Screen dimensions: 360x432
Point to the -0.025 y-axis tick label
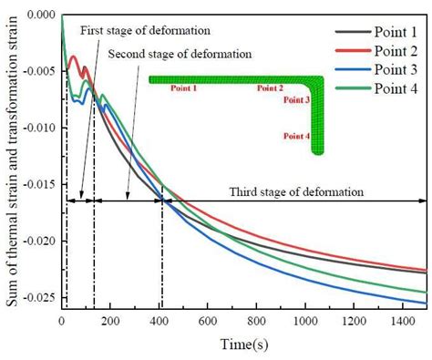click(37, 298)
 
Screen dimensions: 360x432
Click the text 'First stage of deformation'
click(146, 31)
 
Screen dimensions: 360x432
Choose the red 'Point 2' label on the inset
click(270, 89)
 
